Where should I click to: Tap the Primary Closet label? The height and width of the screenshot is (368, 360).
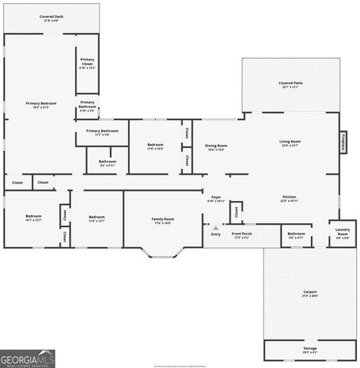point(87,65)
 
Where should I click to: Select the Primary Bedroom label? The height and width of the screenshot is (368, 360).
point(41,104)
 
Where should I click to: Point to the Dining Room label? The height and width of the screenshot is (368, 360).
point(216,147)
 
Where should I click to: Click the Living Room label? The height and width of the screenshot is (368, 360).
point(290,143)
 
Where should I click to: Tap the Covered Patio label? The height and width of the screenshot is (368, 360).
point(290,84)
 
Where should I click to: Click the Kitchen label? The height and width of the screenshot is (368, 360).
point(289,199)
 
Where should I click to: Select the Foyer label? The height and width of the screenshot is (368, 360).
point(216,199)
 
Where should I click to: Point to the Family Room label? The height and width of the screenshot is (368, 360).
point(163,221)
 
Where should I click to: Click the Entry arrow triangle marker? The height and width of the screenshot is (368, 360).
point(216,228)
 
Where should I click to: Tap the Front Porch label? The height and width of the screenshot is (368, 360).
point(241,235)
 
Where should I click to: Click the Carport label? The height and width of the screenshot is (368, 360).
point(309,294)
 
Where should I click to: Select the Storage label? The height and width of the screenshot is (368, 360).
point(309,350)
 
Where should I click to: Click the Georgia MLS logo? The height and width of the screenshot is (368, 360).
point(28,359)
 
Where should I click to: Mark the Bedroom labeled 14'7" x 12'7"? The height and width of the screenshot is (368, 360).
point(32,218)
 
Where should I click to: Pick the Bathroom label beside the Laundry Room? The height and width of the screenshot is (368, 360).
point(296,235)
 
